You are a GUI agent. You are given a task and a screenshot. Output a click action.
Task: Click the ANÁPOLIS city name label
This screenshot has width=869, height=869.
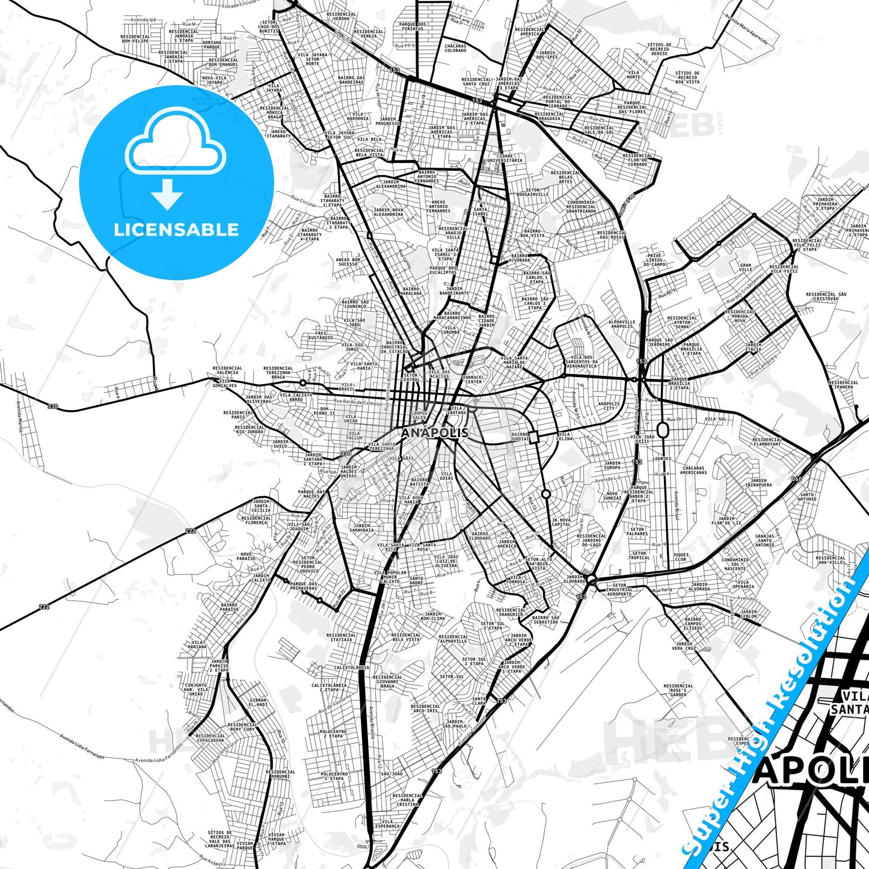click(x=434, y=432)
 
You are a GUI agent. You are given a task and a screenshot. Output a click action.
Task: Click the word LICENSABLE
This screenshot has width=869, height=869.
click(x=176, y=230)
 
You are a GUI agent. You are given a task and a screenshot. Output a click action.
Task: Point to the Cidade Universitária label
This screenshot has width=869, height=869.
click(x=505, y=158)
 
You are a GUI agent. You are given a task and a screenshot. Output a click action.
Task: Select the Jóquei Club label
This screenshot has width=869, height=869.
click(x=681, y=556)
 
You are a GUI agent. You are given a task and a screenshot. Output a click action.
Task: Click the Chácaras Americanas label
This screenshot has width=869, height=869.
click(x=693, y=470)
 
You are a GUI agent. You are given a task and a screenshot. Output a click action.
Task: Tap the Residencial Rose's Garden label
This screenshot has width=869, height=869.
click(x=678, y=690)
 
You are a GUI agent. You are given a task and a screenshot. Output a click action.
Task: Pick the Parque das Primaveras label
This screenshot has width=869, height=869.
click(x=303, y=585)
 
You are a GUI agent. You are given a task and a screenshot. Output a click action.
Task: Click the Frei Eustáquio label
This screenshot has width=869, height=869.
click(x=321, y=335)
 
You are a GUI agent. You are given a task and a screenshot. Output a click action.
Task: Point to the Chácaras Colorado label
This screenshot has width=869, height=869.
click(x=455, y=48)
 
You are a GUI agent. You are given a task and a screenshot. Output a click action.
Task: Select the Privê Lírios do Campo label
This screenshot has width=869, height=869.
click(x=654, y=259)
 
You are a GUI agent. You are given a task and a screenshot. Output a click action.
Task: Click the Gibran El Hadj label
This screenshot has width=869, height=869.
click(x=258, y=702)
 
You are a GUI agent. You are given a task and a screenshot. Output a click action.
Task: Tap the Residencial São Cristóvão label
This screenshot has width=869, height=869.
click(x=826, y=296)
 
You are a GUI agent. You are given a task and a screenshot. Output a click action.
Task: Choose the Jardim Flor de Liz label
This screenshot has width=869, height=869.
click(x=726, y=521)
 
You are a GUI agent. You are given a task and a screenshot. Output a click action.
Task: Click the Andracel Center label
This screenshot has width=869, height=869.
click(x=473, y=379)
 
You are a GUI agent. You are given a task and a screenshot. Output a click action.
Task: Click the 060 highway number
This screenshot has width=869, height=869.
click(x=796, y=479)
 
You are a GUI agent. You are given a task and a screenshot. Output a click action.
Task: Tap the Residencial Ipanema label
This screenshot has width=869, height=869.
click(x=843, y=384)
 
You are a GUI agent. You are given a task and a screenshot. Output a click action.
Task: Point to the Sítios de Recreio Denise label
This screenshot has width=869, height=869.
click(x=659, y=49)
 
